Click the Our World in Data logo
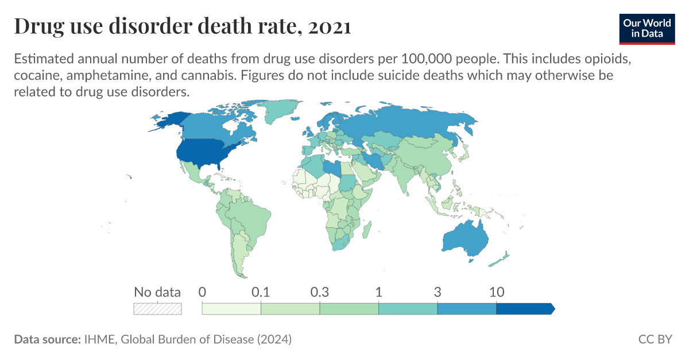[x=647, y=28]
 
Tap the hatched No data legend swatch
[x=157, y=309]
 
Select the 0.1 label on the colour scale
[x=261, y=292]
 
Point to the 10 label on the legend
[x=496, y=292]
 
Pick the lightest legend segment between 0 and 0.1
[x=231, y=309]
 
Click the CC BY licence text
[x=655, y=339]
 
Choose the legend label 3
[x=438, y=292]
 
